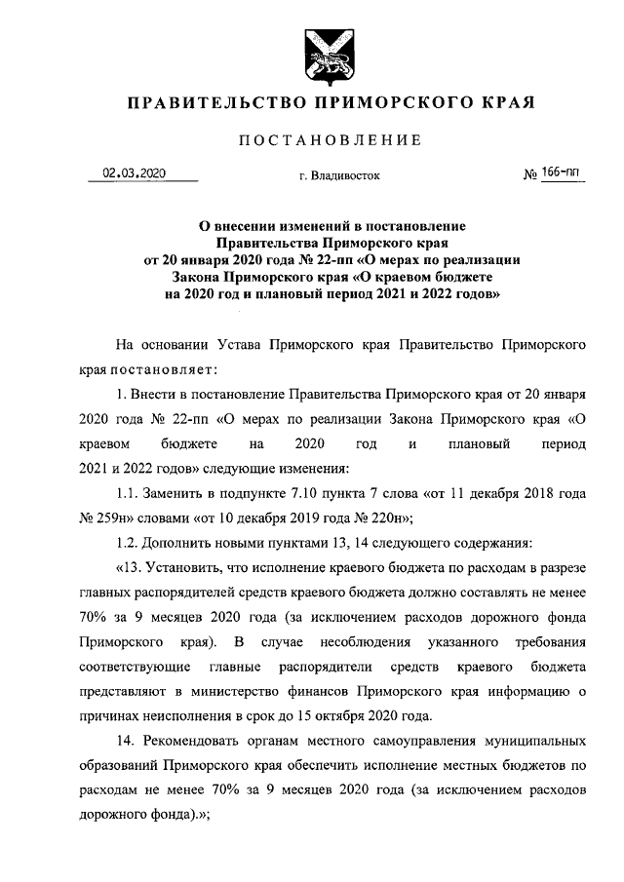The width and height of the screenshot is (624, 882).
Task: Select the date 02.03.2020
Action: [135, 173]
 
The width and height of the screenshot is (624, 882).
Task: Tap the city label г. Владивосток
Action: [333, 177]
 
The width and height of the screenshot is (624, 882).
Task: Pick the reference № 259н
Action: [98, 519]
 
